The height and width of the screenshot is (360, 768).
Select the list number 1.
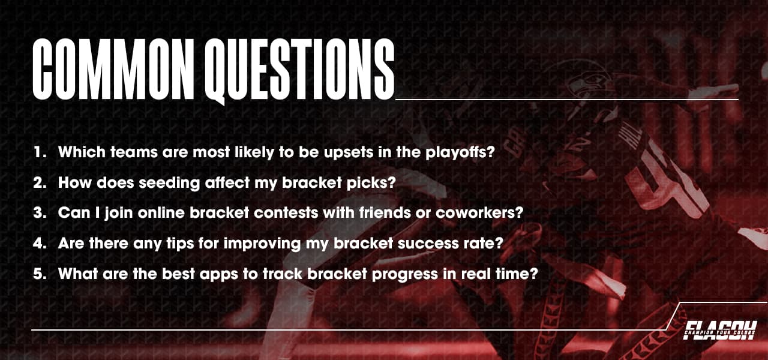(40, 152)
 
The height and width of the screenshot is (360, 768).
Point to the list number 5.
(40, 274)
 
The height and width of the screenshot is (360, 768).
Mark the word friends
(372, 213)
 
